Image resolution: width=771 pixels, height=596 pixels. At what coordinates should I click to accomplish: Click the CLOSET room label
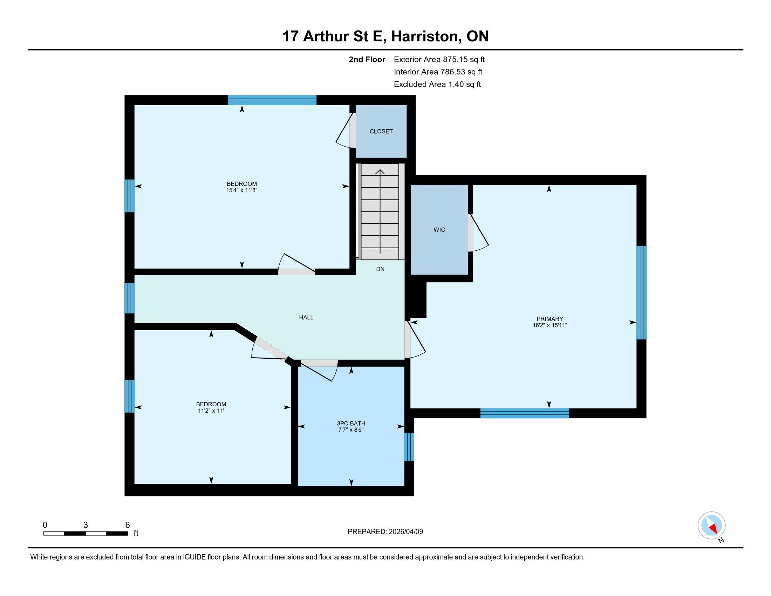tap(381, 131)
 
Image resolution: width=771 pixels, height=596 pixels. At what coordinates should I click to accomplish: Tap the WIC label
tap(439, 230)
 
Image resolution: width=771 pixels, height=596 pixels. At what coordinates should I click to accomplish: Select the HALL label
tap(306, 317)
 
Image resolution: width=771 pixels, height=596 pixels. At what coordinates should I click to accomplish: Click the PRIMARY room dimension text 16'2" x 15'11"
tap(550, 325)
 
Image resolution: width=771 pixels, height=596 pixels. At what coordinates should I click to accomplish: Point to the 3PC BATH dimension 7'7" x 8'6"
tap(350, 430)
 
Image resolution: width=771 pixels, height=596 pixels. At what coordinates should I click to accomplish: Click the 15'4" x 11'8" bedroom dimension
tap(242, 190)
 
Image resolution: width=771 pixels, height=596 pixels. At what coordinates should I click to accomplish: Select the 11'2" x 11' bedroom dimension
tap(211, 411)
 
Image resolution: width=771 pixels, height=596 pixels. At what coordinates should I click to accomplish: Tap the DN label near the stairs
tap(380, 269)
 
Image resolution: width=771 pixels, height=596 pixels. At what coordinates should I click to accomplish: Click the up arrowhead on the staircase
tap(380, 172)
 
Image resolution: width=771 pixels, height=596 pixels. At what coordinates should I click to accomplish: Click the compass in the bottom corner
tap(712, 526)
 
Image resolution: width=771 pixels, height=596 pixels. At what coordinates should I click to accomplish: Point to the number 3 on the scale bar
tap(86, 525)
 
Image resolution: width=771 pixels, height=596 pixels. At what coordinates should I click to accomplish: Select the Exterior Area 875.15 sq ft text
tap(439, 60)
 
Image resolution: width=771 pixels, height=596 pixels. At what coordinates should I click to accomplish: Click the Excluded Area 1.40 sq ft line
tap(437, 84)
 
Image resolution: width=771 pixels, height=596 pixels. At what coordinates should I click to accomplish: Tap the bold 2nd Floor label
tap(367, 60)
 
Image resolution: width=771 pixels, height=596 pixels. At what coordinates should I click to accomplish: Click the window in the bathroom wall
tap(409, 447)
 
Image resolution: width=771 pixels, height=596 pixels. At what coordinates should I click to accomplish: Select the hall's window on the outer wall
tap(130, 298)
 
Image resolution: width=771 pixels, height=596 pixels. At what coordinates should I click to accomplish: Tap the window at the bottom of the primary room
tap(525, 413)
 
